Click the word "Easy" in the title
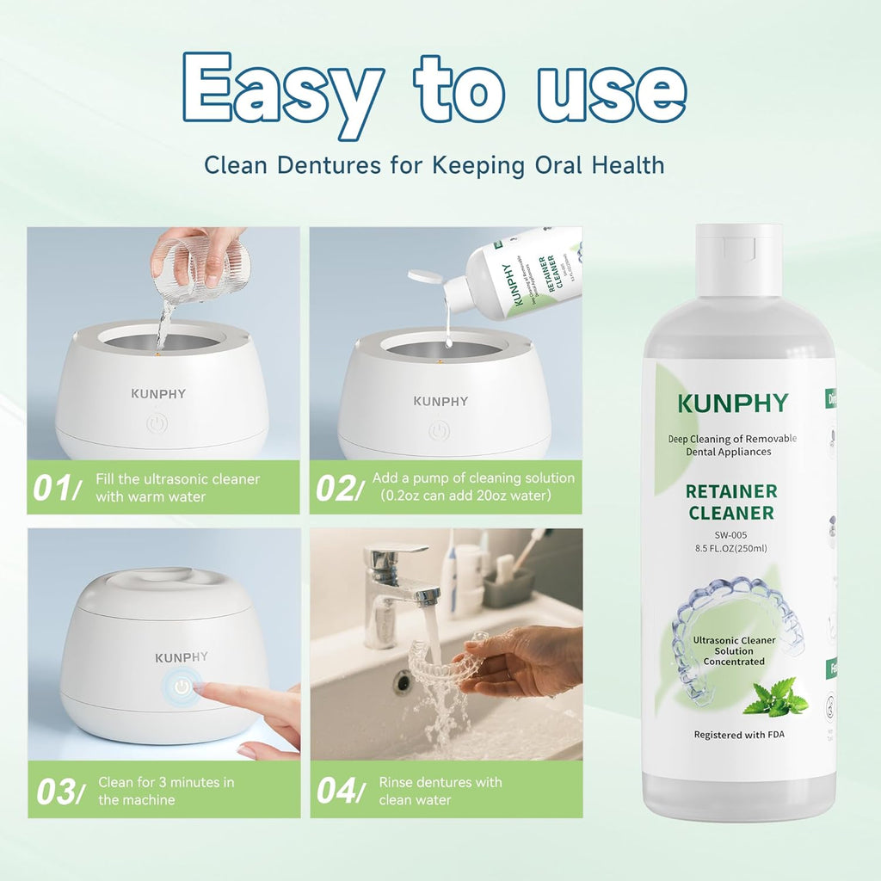(283, 89)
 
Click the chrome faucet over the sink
(392, 585)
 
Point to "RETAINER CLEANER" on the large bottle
(731, 502)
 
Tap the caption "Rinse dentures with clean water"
(440, 791)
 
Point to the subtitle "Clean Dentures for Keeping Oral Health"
(434, 163)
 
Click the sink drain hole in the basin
(402, 681)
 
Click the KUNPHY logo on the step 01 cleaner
(158, 394)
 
